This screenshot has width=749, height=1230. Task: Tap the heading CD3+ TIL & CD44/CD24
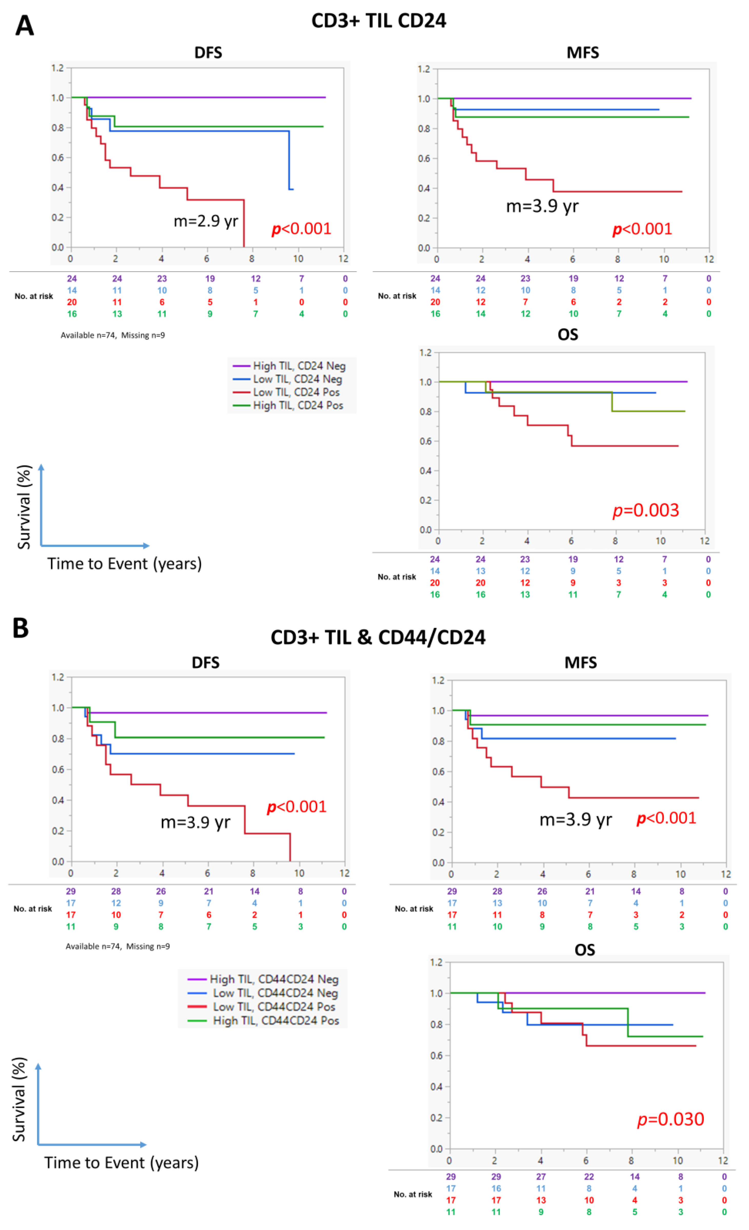(x=378, y=638)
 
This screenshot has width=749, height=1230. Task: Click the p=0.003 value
(x=646, y=510)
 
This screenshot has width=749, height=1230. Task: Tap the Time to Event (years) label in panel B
(x=121, y=1162)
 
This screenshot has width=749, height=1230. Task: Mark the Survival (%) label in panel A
(x=24, y=507)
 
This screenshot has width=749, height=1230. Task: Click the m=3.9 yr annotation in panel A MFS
(x=543, y=206)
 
